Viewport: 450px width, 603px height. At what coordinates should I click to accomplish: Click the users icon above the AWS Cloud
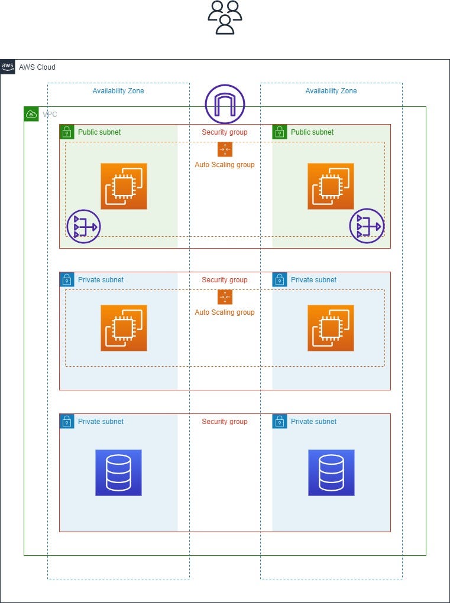(x=225, y=17)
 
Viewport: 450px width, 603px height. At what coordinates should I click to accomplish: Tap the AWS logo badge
(x=8, y=67)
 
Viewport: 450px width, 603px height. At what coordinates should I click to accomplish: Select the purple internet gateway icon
(x=225, y=104)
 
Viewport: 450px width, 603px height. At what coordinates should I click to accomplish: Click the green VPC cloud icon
(x=31, y=114)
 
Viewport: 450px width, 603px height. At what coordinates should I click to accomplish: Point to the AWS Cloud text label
(x=37, y=67)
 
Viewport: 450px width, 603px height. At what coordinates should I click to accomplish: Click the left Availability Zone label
(x=118, y=91)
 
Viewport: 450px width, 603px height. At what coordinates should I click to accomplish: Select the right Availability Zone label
(x=331, y=91)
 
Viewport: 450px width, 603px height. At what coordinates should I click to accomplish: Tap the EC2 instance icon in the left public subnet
(x=124, y=186)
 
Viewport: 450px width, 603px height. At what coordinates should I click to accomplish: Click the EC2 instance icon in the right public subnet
(x=331, y=186)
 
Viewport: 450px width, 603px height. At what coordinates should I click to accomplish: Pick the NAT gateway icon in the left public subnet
(x=83, y=226)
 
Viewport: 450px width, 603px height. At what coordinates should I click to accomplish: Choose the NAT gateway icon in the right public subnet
(x=367, y=226)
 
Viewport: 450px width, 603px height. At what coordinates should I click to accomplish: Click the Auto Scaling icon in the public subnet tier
(x=225, y=149)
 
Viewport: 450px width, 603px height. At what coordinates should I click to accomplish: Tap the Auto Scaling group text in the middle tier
(x=225, y=312)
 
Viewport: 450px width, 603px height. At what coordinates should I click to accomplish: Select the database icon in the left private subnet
(x=118, y=472)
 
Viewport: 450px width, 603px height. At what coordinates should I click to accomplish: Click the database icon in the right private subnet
(x=331, y=472)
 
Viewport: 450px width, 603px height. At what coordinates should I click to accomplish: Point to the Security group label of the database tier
(x=225, y=422)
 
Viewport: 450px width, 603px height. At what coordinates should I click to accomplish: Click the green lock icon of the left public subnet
(x=67, y=132)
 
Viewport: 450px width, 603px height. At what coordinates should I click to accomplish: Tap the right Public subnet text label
(x=312, y=132)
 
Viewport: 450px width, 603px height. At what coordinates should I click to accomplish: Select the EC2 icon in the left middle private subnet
(x=124, y=328)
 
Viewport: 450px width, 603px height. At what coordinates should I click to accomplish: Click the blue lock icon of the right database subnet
(x=280, y=421)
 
